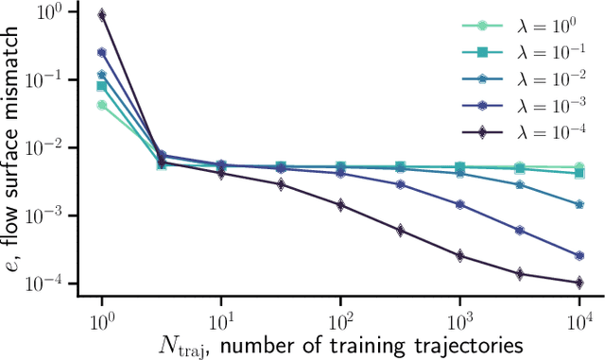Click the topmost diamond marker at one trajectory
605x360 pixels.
pos(102,15)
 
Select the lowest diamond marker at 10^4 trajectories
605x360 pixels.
pos(579,283)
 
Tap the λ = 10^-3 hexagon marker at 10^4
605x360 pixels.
pos(579,255)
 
